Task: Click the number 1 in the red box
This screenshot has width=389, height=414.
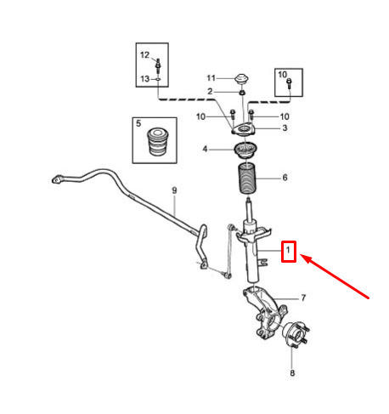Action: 288,251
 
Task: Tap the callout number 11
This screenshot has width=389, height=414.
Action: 211,78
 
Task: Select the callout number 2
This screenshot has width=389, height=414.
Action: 210,92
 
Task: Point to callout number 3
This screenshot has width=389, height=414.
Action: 285,128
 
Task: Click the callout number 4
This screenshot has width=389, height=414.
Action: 205,149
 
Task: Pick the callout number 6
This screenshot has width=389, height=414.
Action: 285,178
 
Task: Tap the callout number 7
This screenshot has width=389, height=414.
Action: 303,298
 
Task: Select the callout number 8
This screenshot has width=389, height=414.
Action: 292,373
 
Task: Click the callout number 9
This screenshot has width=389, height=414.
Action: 174,190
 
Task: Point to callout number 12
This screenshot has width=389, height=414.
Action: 144,55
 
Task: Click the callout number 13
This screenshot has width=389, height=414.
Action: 145,79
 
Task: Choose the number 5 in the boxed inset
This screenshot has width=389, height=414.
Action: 138,123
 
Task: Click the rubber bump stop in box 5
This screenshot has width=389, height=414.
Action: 156,142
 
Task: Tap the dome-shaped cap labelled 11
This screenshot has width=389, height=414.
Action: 242,79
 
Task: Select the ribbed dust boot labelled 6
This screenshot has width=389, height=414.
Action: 247,179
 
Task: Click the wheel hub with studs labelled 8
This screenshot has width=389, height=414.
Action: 296,335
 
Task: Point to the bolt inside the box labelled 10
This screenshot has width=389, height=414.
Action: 289,83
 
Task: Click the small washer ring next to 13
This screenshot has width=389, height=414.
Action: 158,79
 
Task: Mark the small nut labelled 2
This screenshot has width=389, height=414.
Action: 242,93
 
